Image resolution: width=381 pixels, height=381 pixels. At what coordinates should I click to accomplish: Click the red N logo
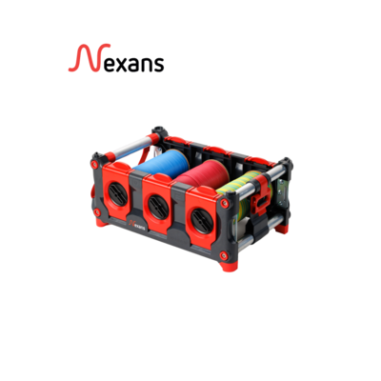pos(89,58)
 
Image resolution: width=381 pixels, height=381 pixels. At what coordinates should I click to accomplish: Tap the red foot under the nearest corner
pos(227,265)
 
